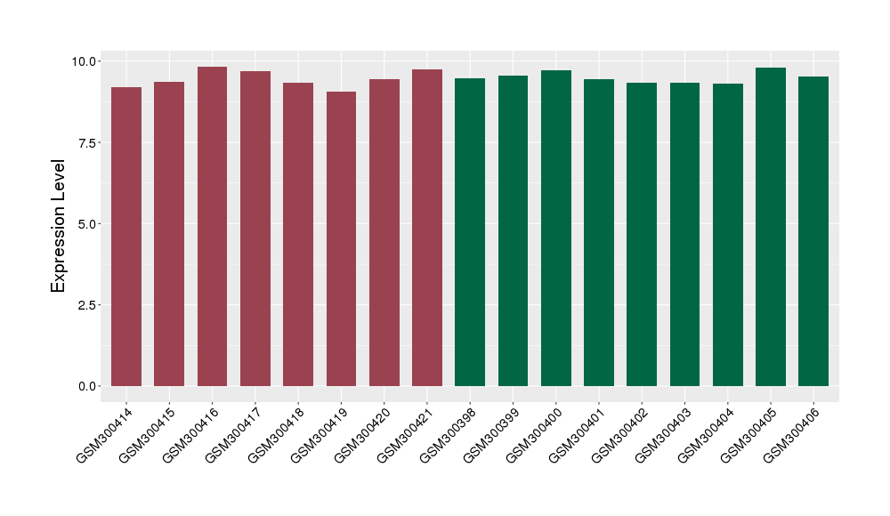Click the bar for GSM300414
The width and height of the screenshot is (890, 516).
click(126, 237)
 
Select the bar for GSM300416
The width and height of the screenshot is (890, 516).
click(212, 227)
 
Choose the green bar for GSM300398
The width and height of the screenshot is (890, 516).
click(470, 232)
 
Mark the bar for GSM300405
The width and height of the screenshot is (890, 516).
click(771, 227)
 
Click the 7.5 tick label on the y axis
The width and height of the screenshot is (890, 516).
click(88, 142)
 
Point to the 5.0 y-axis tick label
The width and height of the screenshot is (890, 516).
click(88, 223)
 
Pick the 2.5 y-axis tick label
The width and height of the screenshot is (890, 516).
click(88, 305)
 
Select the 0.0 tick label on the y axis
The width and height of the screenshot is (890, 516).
click(88, 386)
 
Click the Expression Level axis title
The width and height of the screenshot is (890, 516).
click(59, 226)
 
